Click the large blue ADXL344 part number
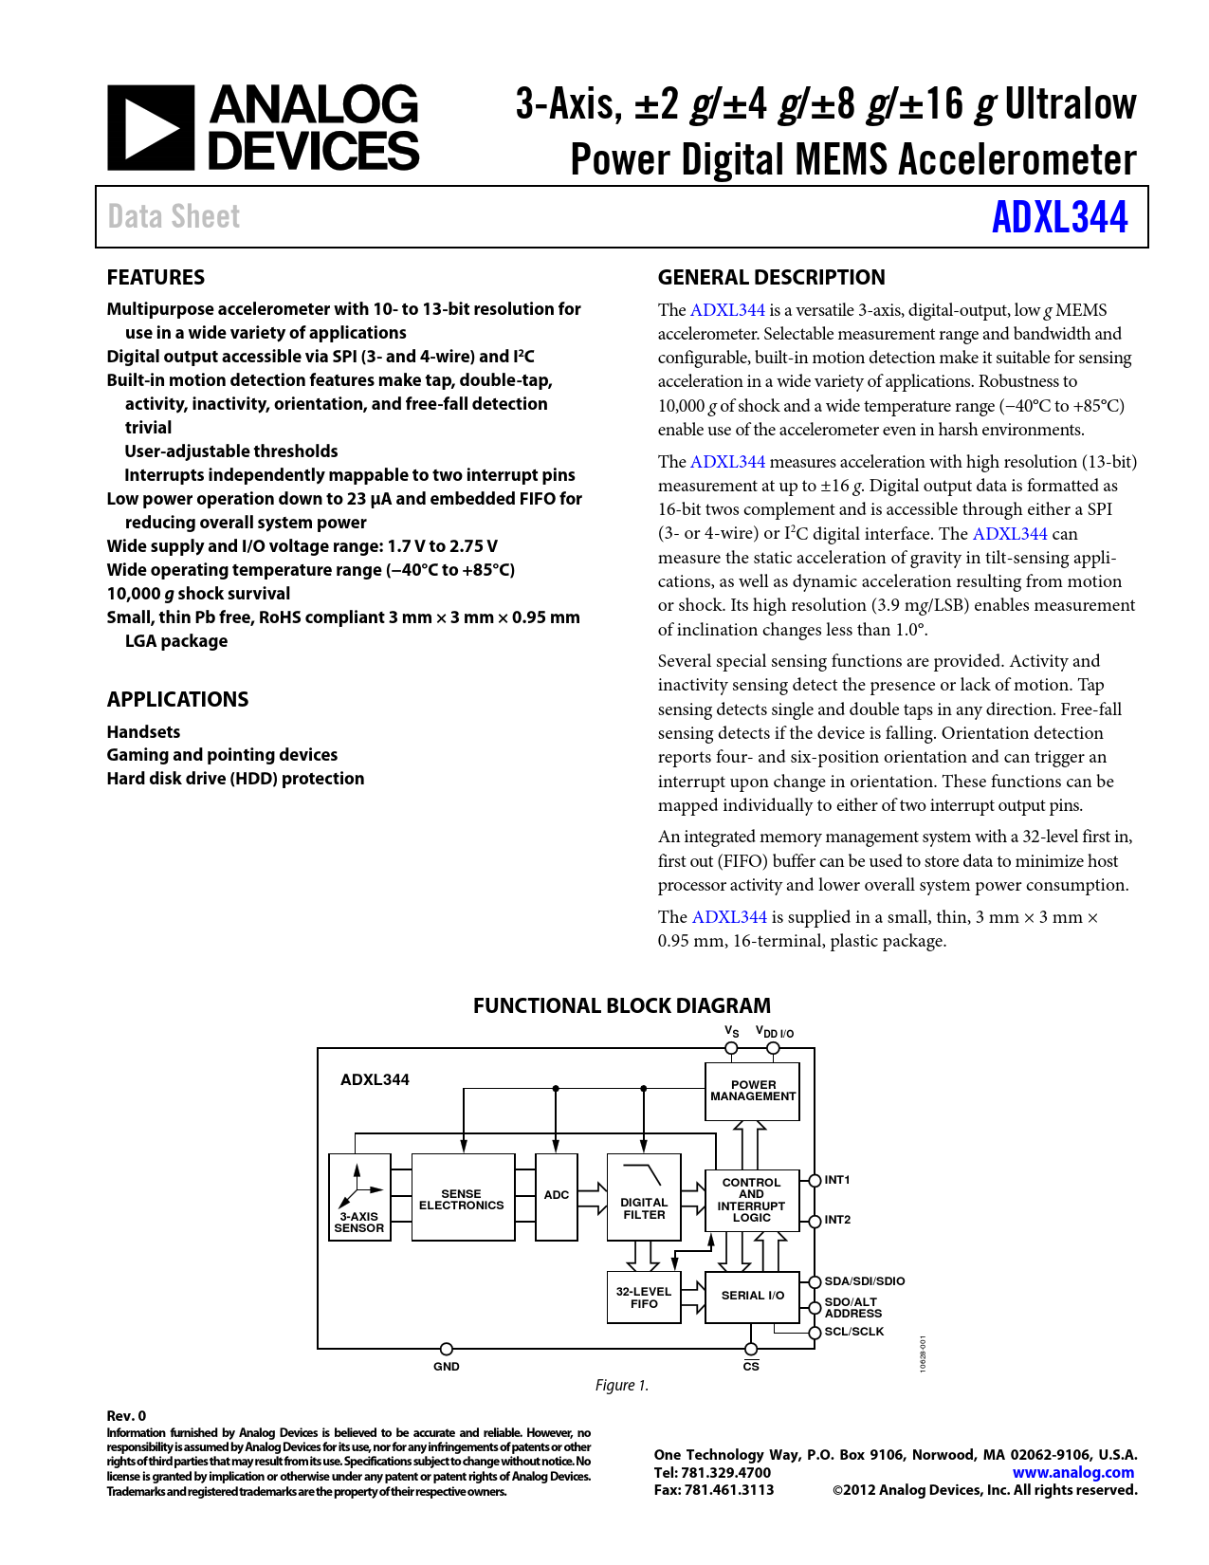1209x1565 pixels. tap(1059, 217)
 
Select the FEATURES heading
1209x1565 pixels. tap(156, 277)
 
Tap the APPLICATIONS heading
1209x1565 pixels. tap(177, 699)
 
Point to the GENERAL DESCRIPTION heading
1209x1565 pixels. tap(771, 277)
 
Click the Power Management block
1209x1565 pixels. tap(753, 1091)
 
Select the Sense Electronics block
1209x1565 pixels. tap(462, 1198)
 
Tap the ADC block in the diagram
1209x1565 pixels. tap(557, 1196)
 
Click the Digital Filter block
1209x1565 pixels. tap(644, 1198)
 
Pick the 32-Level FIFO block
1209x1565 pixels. tap(644, 1298)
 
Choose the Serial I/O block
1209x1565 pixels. tap(753, 1296)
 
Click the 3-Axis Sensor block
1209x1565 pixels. tap(359, 1198)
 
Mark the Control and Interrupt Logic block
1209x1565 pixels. tap(752, 1200)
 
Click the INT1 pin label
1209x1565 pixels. tap(837, 1180)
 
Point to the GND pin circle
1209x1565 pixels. tap(447, 1349)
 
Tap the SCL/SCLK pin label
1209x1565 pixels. tap(853, 1332)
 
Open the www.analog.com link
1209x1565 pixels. tap(1072, 1472)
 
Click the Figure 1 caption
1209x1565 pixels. tap(622, 1385)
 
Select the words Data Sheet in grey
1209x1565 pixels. tap(174, 217)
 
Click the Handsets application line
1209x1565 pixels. tap(143, 731)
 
